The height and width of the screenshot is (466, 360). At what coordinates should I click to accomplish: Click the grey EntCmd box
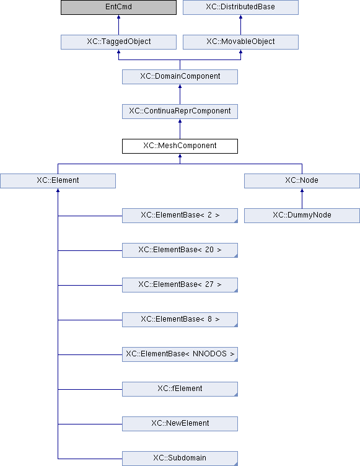118,7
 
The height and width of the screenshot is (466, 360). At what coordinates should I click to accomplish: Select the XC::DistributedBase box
240,7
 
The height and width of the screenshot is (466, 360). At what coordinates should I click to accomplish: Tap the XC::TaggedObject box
118,42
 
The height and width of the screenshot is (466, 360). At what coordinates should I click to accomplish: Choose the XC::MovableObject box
240,42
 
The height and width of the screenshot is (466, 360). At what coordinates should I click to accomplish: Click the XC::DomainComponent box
180,77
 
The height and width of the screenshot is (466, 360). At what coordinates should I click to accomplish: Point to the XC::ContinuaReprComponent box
180,112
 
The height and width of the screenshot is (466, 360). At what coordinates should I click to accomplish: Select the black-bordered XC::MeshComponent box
180,146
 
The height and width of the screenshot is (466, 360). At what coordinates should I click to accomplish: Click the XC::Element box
58,181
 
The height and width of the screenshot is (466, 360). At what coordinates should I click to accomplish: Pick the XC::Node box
302,181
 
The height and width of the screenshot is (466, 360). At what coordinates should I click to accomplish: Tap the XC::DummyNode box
302,216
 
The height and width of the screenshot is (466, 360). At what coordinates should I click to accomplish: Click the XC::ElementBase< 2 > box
180,216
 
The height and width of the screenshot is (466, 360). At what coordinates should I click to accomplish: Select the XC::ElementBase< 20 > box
180,250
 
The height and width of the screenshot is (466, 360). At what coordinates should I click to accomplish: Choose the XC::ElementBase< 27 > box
180,285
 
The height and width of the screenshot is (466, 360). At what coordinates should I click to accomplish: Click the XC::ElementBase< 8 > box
180,320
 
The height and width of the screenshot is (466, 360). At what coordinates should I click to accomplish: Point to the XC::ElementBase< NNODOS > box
180,354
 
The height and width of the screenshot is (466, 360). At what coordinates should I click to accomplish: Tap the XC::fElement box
180,389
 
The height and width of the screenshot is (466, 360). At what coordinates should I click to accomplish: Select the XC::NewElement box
180,424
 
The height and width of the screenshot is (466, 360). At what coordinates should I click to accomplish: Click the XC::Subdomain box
180,459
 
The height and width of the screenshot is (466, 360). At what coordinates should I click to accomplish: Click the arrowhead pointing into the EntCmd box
118,17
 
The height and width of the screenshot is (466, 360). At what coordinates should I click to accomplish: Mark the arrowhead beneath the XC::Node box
302,190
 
